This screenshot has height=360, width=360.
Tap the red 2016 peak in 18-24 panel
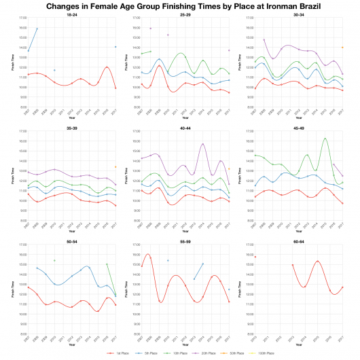[107, 67]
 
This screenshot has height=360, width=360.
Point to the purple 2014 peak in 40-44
[202, 144]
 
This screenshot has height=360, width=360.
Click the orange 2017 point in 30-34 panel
[342, 48]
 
